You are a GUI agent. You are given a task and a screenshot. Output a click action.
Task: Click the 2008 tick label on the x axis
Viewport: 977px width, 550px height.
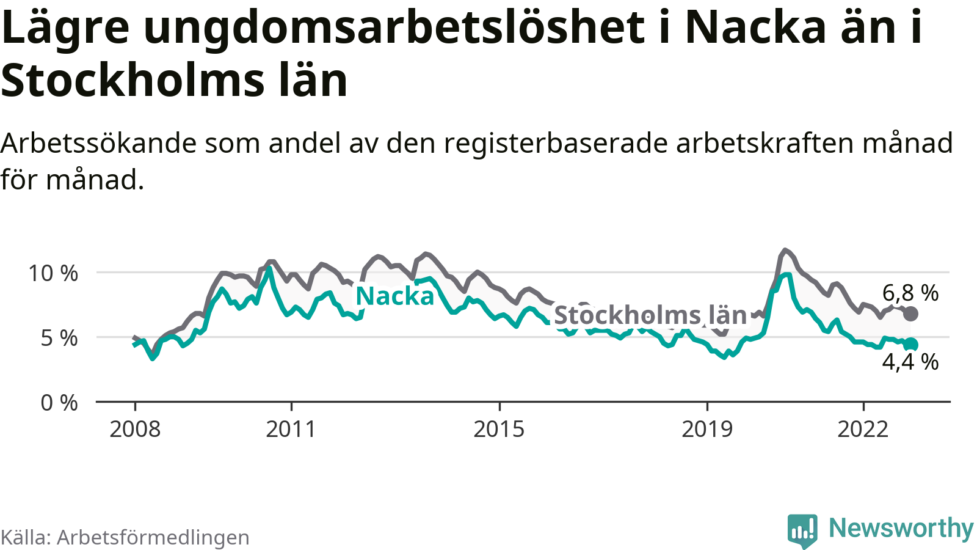click(x=135, y=429)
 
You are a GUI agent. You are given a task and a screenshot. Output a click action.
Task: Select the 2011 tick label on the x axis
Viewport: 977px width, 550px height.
click(x=291, y=429)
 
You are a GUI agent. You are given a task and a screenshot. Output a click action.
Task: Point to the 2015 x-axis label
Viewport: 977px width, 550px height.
click(x=499, y=429)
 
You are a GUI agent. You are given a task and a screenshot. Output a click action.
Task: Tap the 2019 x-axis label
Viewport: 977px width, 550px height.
click(x=706, y=429)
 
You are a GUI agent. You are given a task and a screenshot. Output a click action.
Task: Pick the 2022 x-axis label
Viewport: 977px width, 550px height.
click(x=863, y=429)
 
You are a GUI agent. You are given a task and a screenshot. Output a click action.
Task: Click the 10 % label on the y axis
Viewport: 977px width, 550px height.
click(x=53, y=273)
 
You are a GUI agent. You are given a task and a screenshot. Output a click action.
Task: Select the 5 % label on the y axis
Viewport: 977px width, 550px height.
click(x=59, y=338)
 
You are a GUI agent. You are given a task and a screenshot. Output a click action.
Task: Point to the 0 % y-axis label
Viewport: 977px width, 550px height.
click(x=59, y=403)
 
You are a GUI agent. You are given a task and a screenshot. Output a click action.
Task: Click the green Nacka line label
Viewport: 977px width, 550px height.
click(x=394, y=296)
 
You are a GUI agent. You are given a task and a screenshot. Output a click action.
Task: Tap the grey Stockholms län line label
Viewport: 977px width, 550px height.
click(x=650, y=315)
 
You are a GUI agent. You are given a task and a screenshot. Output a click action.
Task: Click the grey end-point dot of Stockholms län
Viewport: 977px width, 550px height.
click(x=910, y=314)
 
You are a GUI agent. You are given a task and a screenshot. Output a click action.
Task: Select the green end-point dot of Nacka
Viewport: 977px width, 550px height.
click(x=910, y=345)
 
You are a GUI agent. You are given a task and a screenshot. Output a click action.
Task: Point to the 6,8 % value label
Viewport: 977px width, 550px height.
click(x=910, y=293)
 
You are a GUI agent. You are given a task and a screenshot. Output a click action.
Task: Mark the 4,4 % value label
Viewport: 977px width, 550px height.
click(x=910, y=362)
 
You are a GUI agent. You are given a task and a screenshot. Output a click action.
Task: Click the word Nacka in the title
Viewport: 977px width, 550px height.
click(x=755, y=28)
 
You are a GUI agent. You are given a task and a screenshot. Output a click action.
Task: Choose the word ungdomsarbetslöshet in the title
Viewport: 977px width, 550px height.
click(x=394, y=28)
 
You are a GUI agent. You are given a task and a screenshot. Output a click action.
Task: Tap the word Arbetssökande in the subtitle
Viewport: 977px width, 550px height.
click(x=98, y=144)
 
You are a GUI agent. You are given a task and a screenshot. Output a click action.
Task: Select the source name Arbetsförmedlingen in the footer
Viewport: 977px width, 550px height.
click(x=153, y=537)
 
